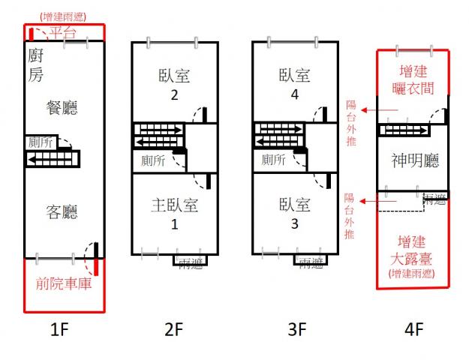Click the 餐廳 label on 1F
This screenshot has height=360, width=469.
[62, 108]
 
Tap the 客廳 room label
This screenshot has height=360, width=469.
[62, 212]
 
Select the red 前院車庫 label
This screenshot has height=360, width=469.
[63, 284]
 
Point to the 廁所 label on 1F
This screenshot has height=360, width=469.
[40, 141]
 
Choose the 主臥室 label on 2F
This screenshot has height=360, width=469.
[174, 205]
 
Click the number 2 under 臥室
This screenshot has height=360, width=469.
[174, 94]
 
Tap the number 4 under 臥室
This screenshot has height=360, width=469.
[295, 94]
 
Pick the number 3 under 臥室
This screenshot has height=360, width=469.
[295, 223]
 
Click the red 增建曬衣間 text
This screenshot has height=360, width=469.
[413, 80]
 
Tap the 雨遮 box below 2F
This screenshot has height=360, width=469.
[188, 261]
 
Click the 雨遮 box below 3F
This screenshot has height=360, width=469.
[311, 261]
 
